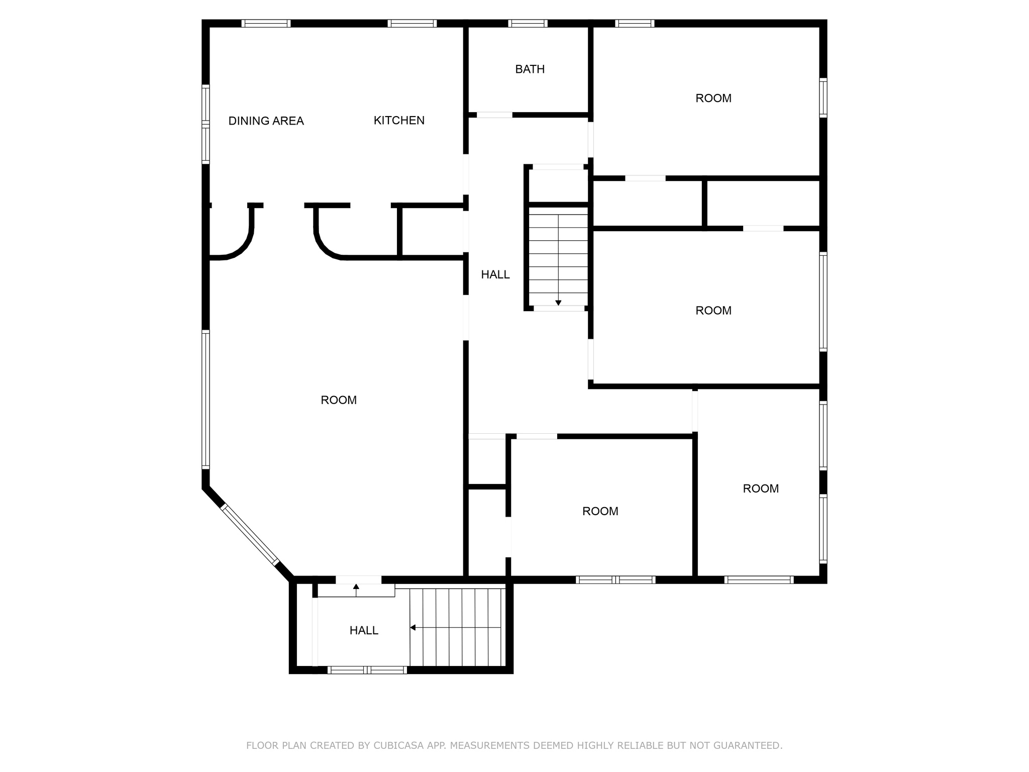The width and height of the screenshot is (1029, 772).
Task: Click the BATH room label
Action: [530, 69]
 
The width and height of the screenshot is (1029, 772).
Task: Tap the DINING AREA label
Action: [266, 121]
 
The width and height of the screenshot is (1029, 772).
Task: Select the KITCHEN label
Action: [399, 121]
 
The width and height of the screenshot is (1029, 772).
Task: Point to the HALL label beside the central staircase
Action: [495, 274]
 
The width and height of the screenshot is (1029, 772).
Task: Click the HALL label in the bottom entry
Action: [364, 630]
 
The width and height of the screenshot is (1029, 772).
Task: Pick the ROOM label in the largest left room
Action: [339, 400]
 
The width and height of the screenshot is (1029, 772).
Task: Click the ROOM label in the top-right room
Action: [713, 99]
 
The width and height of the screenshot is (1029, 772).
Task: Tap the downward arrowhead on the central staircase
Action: [558, 303]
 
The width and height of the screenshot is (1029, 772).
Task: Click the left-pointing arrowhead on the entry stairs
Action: [413, 627]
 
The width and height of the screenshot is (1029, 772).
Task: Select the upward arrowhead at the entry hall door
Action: [356, 587]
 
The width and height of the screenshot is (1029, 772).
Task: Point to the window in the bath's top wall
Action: [528, 23]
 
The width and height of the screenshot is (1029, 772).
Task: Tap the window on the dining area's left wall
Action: [205, 124]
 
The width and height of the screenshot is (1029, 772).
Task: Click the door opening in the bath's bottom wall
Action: [494, 115]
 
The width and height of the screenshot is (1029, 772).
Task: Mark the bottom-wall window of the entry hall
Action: [367, 670]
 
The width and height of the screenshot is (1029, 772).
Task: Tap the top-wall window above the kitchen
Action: [412, 23]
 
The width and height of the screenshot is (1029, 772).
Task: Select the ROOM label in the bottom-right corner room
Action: [761, 489]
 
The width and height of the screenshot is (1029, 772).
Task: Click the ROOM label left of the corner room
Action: [600, 511]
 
